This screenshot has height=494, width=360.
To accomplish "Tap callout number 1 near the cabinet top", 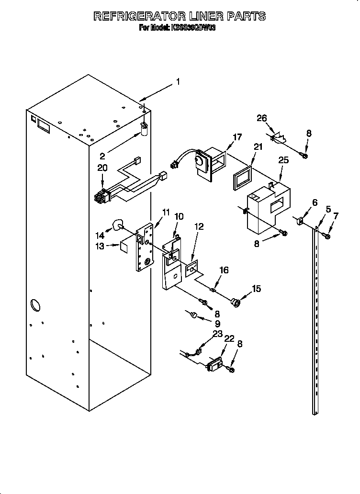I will point(178,82).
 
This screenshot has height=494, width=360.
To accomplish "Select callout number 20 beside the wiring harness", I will point(102,168).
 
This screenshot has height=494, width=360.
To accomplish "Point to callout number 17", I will point(237,137).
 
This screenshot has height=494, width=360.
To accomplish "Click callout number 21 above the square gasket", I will point(258,147).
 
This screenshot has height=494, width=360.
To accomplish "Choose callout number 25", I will point(283,160).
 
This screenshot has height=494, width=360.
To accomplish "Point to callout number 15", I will point(257,289).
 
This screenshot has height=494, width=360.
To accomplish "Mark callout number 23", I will point(218,334).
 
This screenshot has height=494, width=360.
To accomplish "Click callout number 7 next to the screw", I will point(335,216).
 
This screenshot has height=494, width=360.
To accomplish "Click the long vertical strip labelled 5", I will point(315,321).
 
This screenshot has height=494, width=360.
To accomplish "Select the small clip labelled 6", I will point(301,221).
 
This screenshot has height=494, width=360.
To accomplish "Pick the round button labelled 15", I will point(236,302).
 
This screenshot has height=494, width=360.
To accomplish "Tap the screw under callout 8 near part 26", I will point(304,154).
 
